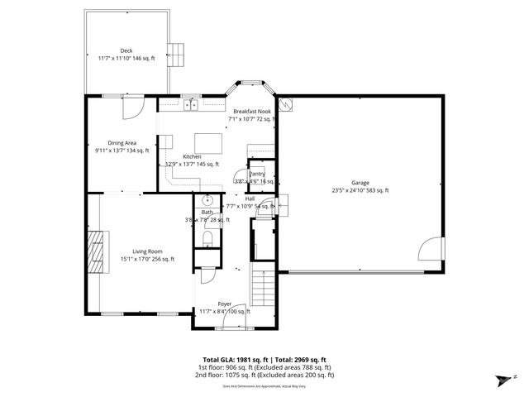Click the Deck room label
pyautogui.click(x=126, y=50)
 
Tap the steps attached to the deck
pyautogui.click(x=176, y=55)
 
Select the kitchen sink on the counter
pyautogui.click(x=190, y=104)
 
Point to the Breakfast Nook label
pyautogui.click(x=251, y=111)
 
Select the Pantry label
pyautogui.click(x=257, y=174)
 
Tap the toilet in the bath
pyautogui.click(x=207, y=239)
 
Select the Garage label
pyautogui.click(x=360, y=183)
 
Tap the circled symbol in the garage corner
pyautogui.click(x=285, y=104)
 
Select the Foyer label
pyautogui.click(x=225, y=304)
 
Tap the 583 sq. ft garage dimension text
pyautogui.click(x=374, y=191)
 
